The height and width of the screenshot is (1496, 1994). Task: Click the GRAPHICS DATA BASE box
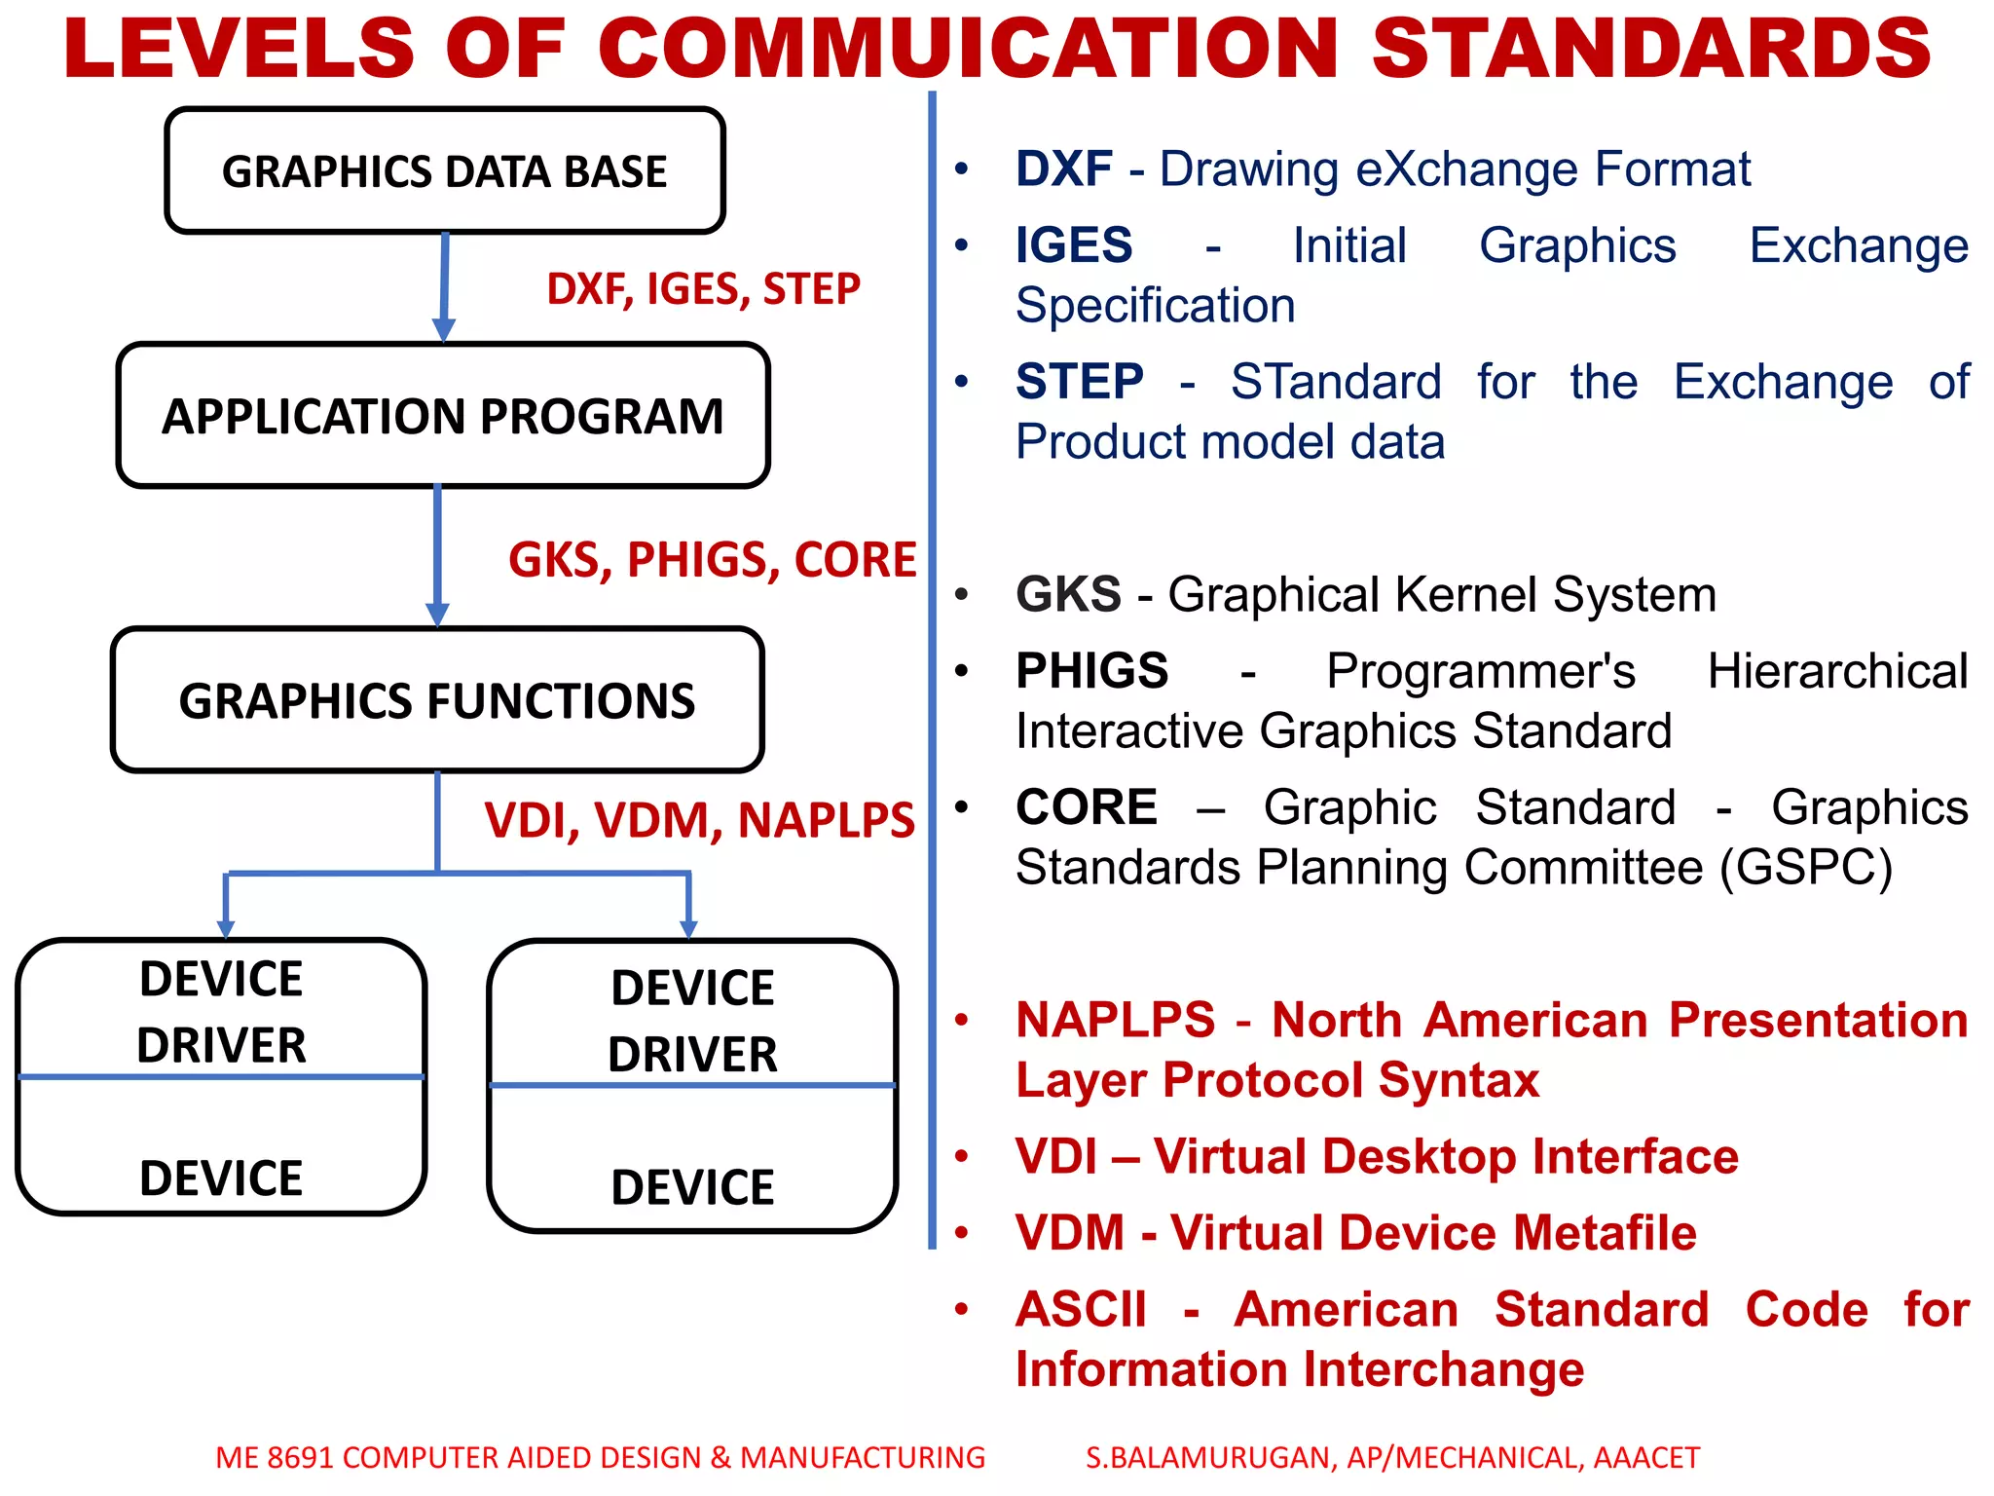(444, 171)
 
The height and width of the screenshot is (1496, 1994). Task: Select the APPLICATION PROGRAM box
(443, 416)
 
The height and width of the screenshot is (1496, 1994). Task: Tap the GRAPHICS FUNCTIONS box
(437, 700)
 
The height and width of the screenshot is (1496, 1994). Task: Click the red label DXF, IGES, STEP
(703, 289)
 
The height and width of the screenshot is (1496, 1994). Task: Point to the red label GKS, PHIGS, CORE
(712, 560)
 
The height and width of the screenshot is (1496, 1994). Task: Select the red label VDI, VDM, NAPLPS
(699, 820)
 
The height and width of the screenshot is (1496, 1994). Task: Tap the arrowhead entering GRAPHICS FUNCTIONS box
(437, 614)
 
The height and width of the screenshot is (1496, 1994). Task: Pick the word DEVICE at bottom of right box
(692, 1187)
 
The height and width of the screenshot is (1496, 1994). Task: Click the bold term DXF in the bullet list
(1063, 169)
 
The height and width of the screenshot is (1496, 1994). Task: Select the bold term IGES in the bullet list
(1074, 245)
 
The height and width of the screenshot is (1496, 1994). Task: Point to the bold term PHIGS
(1091, 671)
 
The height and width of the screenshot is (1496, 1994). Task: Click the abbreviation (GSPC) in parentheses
(1805, 867)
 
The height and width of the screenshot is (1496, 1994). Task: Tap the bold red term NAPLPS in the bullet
(1116, 1021)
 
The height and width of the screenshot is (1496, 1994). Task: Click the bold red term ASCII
(1082, 1309)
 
